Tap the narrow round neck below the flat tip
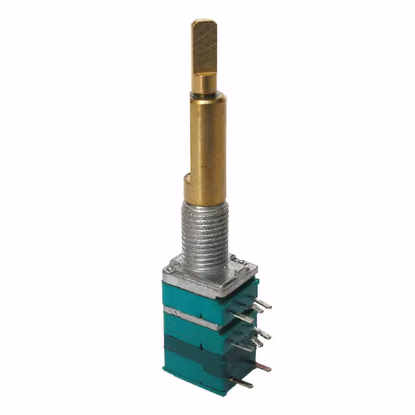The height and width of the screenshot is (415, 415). [205, 82]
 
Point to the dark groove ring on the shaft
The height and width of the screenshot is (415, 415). [206, 94]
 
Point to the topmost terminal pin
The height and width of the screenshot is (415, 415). [262, 303]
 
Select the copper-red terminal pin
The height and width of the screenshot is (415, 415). [261, 366]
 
